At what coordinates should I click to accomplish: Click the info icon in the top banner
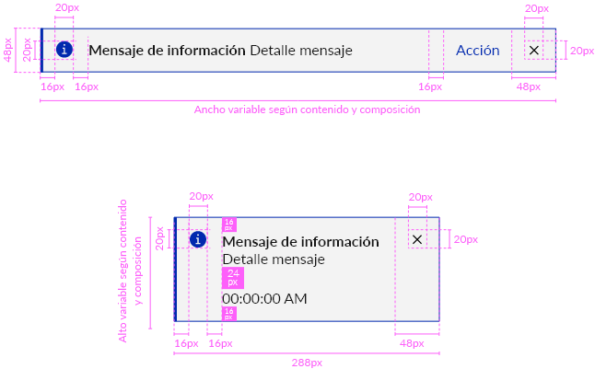[x=64, y=50]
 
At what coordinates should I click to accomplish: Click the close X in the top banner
[x=534, y=51]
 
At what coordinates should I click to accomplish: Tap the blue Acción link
[x=478, y=51]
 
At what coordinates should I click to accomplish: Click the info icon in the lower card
[x=197, y=239]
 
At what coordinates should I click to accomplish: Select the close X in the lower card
[x=417, y=239]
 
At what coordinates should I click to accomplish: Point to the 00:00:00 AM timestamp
[x=264, y=299]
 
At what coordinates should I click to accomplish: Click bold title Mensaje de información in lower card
[x=300, y=241]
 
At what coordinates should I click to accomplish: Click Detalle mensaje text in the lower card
[x=274, y=259]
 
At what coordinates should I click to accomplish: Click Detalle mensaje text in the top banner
[x=301, y=51]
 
